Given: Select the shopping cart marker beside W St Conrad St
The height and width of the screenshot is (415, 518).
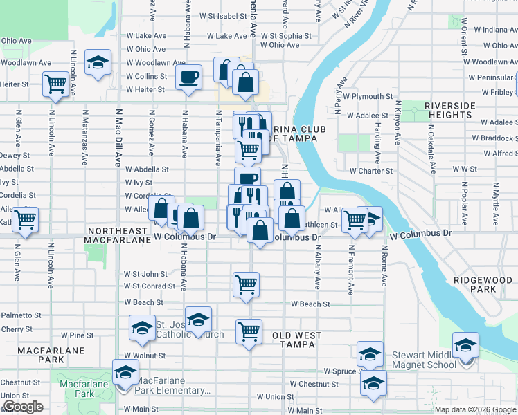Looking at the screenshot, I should point(246,284).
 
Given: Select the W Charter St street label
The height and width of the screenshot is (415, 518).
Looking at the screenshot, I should point(371,171).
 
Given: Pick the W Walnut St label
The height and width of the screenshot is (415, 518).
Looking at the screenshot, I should point(145,356).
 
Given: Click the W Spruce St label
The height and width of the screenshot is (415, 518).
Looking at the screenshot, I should point(344,371).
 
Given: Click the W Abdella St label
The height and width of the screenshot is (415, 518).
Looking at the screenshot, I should point(147,169).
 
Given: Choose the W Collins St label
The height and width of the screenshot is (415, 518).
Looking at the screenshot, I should point(145,76).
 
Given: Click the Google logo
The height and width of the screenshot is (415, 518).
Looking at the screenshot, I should point(23,407).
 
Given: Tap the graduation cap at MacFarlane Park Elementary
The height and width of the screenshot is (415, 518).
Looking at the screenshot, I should point(125,372).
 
